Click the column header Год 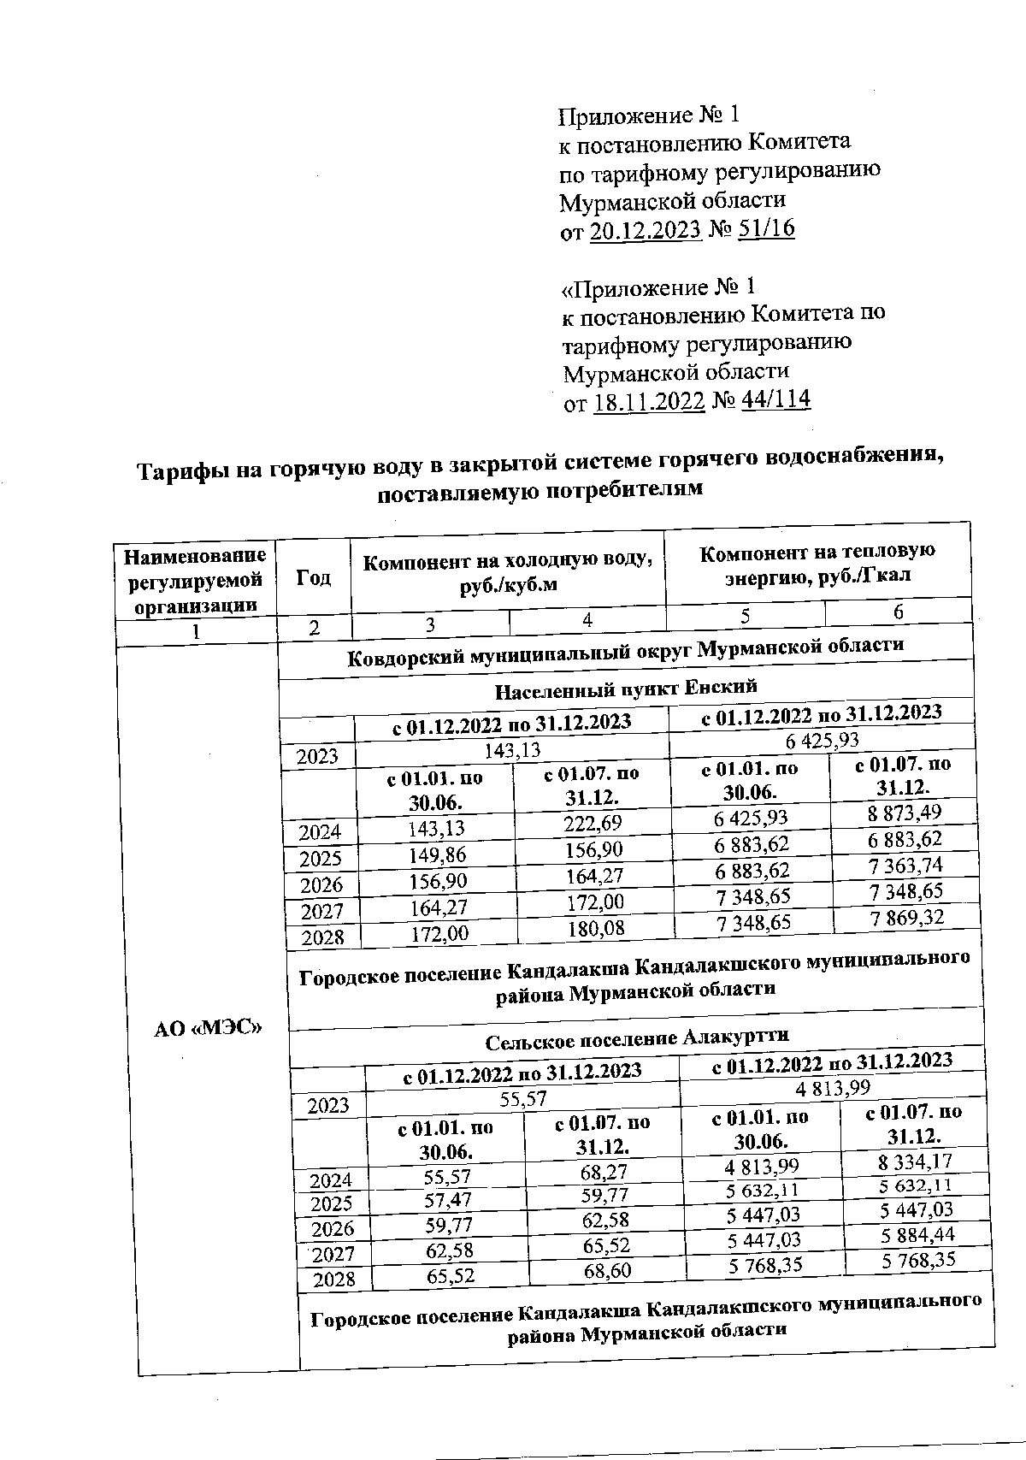coord(313,578)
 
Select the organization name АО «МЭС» coord(207,1029)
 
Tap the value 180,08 coord(595,928)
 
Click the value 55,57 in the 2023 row coord(523,1099)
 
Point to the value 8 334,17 coord(916,1161)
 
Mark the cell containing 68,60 coord(607,1271)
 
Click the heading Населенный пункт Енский coord(626,687)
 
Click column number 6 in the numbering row coord(898,611)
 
